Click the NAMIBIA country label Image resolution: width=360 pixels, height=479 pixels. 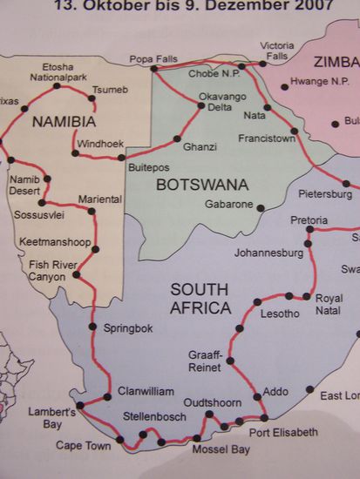point(65,123)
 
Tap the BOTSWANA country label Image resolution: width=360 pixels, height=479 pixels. point(202,184)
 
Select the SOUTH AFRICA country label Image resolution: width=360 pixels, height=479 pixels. point(200,299)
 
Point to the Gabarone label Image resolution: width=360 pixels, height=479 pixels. point(228,206)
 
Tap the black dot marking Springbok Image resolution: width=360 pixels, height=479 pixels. point(93,327)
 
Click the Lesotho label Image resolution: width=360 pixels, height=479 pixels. point(280,313)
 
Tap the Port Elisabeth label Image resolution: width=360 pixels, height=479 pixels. point(283,432)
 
